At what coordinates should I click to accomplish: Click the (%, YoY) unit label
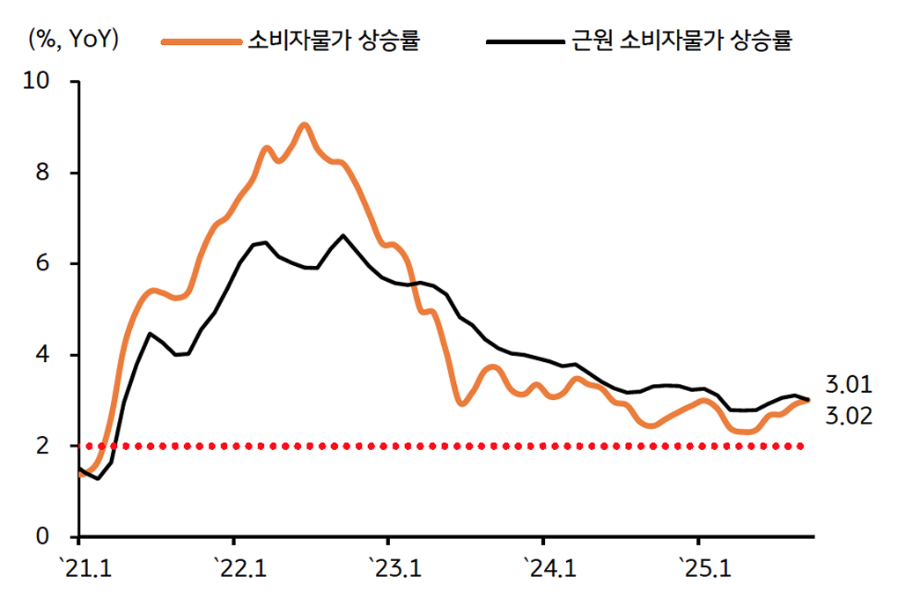coord(74,40)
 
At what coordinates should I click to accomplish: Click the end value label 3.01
coord(849,384)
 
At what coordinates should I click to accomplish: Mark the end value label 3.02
coord(849,416)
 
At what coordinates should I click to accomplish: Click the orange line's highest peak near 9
coord(304,126)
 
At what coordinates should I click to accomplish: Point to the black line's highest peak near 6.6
coord(342,236)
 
